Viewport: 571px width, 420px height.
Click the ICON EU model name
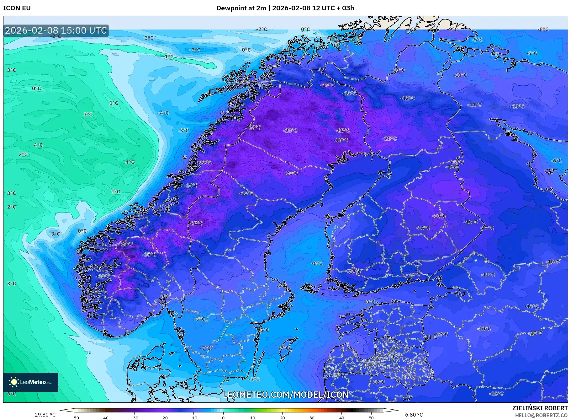(17, 8)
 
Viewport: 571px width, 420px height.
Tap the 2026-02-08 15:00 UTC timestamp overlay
(56, 30)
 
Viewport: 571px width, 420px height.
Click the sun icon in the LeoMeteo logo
(14, 382)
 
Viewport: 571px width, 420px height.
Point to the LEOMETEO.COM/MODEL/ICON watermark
(285, 395)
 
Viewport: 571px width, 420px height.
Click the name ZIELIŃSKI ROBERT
(540, 408)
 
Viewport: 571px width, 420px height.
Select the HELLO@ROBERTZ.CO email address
(541, 415)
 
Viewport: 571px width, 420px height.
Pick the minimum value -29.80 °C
(44, 415)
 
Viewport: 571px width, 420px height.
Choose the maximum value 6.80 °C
(414, 415)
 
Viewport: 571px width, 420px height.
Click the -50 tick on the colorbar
(75, 417)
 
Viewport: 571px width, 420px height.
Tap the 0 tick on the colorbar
(223, 417)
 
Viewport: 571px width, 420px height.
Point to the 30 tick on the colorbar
(312, 417)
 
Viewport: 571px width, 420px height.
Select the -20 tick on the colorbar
(164, 417)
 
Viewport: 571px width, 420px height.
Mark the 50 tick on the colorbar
(371, 417)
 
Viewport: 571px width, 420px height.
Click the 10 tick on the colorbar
(253, 417)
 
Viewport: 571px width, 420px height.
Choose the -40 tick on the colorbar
(105, 417)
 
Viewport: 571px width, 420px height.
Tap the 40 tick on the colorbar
(341, 417)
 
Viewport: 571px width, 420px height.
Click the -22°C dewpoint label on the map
(205, 162)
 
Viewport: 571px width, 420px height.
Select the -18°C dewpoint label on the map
(341, 140)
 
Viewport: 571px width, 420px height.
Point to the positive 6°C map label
(11, 394)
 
